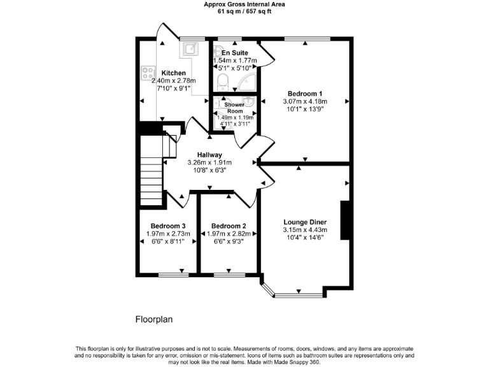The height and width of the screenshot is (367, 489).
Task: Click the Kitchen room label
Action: (173, 73)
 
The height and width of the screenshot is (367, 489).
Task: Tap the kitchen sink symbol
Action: (190, 48)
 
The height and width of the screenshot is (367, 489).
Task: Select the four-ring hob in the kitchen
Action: (148, 74)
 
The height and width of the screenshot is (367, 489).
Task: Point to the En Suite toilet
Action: (222, 81)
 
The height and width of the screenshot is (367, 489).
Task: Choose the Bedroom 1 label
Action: (305, 92)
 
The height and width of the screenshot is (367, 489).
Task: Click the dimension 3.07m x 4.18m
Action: (305, 101)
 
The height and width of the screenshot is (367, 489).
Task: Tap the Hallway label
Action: (209, 155)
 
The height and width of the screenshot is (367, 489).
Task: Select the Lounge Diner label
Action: (305, 222)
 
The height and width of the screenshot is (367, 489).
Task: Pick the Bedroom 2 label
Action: (229, 226)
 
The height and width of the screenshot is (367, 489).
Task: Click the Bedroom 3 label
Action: (168, 226)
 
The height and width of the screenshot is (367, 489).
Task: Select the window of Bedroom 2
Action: (227, 275)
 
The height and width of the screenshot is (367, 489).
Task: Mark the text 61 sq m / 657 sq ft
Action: (244, 11)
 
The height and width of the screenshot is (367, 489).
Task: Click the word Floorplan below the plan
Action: (154, 319)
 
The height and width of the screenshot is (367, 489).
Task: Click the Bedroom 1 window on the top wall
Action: (306, 40)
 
